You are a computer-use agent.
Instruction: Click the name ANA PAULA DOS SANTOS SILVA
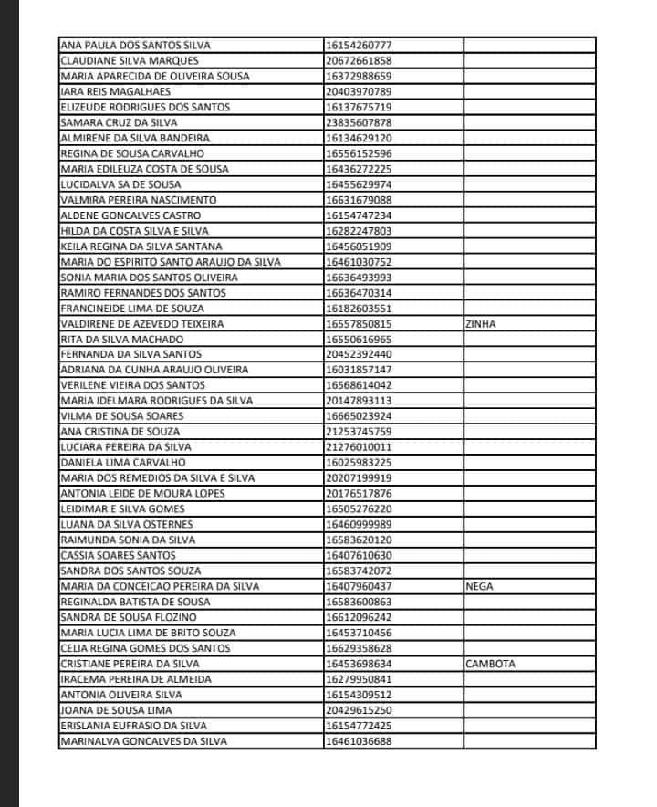134,45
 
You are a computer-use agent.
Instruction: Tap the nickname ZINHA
481,324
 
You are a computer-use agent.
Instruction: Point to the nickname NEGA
479,587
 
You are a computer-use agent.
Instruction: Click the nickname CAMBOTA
490,665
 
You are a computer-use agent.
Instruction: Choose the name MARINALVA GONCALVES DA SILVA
143,741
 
